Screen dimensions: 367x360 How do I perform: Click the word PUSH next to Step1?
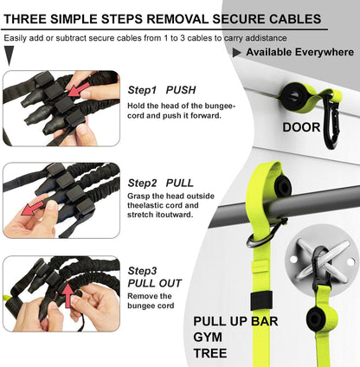tap(181, 90)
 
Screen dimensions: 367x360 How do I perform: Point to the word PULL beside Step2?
tap(180, 183)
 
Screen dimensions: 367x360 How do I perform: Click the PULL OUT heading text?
tap(155, 281)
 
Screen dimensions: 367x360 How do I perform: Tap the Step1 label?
tap(142, 90)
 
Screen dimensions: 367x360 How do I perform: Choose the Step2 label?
tap(142, 183)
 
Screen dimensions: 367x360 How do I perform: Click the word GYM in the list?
tap(209, 338)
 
